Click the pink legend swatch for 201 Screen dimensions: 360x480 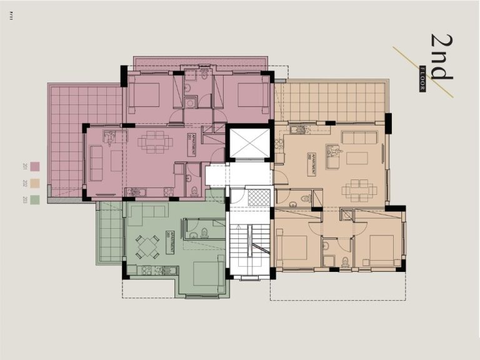[35, 167]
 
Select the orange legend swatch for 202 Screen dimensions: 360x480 [35, 184]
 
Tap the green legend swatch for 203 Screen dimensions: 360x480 [35, 200]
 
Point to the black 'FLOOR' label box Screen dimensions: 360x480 [422, 79]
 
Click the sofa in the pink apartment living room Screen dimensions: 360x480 [96, 162]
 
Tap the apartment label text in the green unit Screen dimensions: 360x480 [170, 241]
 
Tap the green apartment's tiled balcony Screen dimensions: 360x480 [110, 233]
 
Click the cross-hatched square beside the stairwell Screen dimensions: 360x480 [259, 198]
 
